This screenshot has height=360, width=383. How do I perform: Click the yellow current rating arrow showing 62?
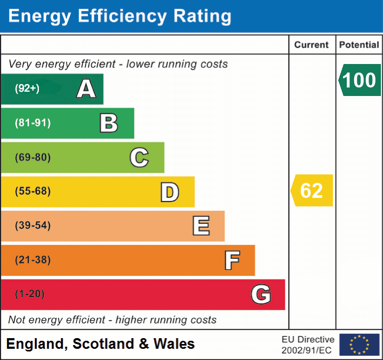pos(312,190)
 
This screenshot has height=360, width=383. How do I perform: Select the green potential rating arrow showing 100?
pos(360,80)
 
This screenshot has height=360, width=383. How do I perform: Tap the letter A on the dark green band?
pos(86,89)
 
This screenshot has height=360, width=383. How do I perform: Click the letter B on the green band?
pos(109,123)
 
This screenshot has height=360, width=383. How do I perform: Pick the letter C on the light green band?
pos(139,157)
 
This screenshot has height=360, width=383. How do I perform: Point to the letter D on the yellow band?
pos(169,192)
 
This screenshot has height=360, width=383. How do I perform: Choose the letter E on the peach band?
pos(200,226)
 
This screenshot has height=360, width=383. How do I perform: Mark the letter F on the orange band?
pos(231,260)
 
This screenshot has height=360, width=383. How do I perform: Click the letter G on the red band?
pos(260,294)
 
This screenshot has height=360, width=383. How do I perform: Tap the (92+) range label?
pos(27,89)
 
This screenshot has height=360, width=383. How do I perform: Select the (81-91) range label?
pos(32,123)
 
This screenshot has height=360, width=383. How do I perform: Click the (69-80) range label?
pos(32,157)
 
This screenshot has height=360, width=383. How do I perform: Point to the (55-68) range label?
pos(32,191)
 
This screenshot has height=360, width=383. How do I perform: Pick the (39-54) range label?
pos(32,226)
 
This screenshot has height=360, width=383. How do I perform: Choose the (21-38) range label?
pos(32,260)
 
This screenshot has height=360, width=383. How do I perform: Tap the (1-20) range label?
pos(30,294)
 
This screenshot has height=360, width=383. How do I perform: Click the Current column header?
pos(312,45)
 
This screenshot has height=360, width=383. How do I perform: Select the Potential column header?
pos(359,45)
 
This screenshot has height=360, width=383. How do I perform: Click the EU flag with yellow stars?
pos(359,345)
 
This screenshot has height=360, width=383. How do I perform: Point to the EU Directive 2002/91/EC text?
pos(308,345)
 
